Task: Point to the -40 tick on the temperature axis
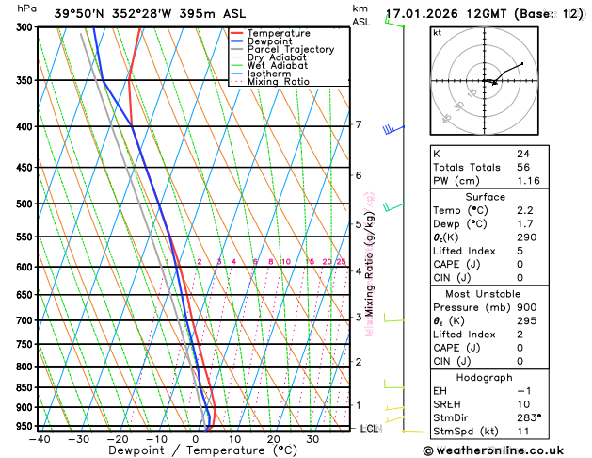point(40,438)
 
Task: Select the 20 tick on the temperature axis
point(273,438)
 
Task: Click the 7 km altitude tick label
point(358,124)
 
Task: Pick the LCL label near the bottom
point(370,429)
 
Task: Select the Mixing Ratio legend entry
point(278,81)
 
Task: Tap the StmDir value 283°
point(529,417)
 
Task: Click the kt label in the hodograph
point(437,32)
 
